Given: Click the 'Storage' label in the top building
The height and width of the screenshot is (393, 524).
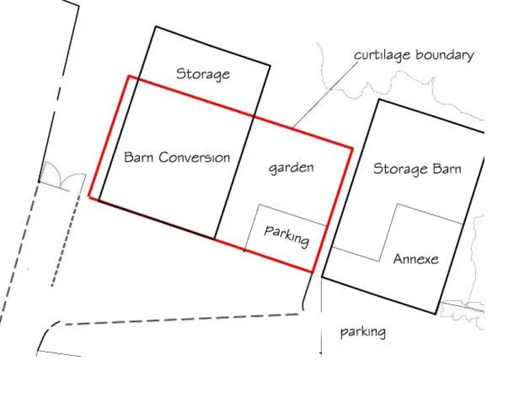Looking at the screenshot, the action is click(x=203, y=74).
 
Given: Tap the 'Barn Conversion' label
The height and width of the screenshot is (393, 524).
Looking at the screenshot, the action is click(x=177, y=157).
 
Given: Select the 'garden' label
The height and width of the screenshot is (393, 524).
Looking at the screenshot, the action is click(x=291, y=167).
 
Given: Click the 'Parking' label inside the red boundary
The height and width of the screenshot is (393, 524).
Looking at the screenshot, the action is click(x=287, y=236).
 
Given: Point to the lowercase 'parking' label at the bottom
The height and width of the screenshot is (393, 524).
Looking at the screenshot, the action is click(x=363, y=332).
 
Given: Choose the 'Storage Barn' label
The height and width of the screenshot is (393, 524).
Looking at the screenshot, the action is click(x=417, y=169).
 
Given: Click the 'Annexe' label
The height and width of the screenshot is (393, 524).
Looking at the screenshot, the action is click(x=416, y=259).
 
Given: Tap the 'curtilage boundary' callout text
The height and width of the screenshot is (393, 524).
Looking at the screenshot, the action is click(x=413, y=55).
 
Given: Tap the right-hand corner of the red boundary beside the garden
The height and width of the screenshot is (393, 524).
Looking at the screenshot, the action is click(x=352, y=147).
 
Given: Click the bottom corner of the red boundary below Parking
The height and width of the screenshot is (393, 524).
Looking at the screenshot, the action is click(x=312, y=272).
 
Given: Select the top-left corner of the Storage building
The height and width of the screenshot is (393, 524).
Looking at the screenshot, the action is click(x=156, y=27).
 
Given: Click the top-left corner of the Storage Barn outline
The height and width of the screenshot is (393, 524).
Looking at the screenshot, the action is click(x=379, y=100).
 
